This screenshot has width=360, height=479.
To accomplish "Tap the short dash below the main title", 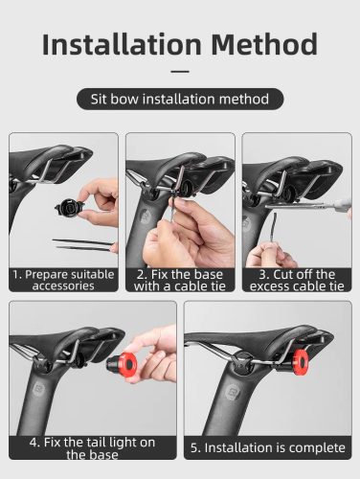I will coord(180,71).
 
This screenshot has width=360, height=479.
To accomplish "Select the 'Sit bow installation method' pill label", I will coord(180,99).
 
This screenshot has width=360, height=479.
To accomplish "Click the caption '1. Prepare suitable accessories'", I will coord(63,279).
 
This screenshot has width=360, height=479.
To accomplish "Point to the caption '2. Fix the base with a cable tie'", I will coord(180,279).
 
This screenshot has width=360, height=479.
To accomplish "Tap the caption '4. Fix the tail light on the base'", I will coord(93,448).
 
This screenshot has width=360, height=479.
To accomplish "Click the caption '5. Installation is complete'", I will coord(267,446).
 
